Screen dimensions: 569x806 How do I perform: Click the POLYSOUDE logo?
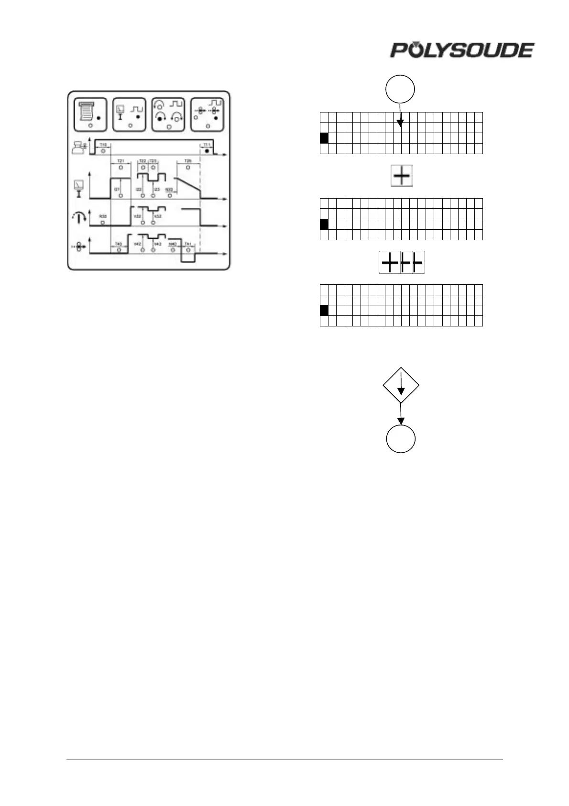point(462,50)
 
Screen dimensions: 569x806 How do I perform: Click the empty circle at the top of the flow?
point(401,89)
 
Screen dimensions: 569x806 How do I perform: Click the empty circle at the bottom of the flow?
point(401,438)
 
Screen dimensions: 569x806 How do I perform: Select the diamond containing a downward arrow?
point(401,385)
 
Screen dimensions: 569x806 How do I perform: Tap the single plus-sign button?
point(402,176)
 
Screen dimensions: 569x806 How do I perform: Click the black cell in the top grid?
point(324,138)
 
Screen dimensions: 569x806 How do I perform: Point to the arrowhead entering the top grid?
point(401,124)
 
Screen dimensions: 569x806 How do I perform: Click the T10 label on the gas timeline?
point(103,145)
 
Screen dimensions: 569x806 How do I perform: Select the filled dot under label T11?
point(207,151)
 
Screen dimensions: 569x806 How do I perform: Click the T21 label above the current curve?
point(120,161)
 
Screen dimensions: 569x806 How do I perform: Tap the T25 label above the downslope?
point(188,161)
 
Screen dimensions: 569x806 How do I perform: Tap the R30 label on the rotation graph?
point(102,216)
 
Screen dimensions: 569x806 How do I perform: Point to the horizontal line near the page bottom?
point(284,759)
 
